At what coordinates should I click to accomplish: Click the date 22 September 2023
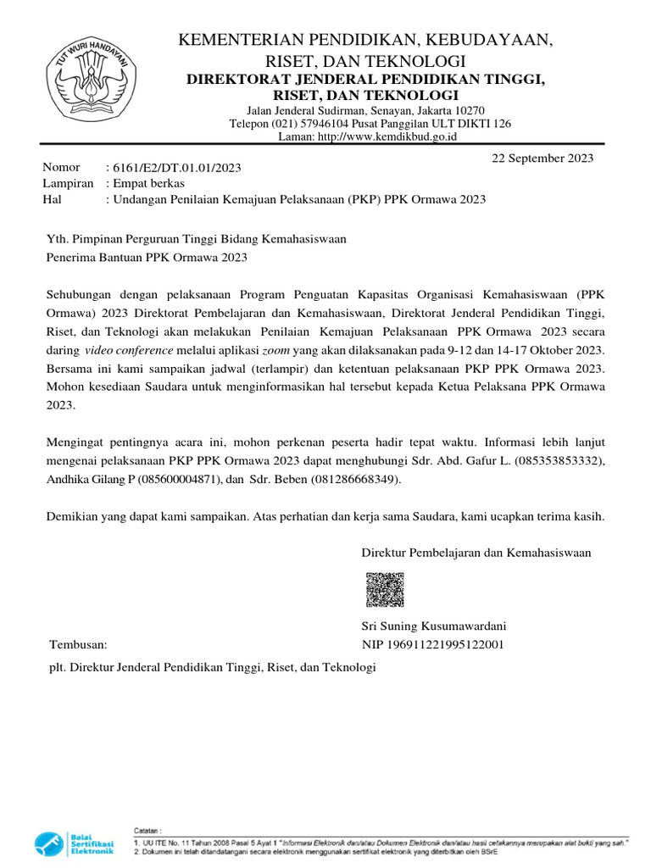coord(543,158)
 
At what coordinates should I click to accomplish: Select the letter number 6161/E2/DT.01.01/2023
coord(174,168)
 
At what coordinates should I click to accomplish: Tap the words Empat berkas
coord(148,183)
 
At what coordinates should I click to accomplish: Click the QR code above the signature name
coord(384,590)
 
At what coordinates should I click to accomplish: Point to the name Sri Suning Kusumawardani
coord(434,627)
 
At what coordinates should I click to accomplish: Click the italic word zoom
coord(275,350)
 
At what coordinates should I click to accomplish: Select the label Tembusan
coord(79,644)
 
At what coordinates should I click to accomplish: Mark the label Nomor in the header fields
coord(61,167)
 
